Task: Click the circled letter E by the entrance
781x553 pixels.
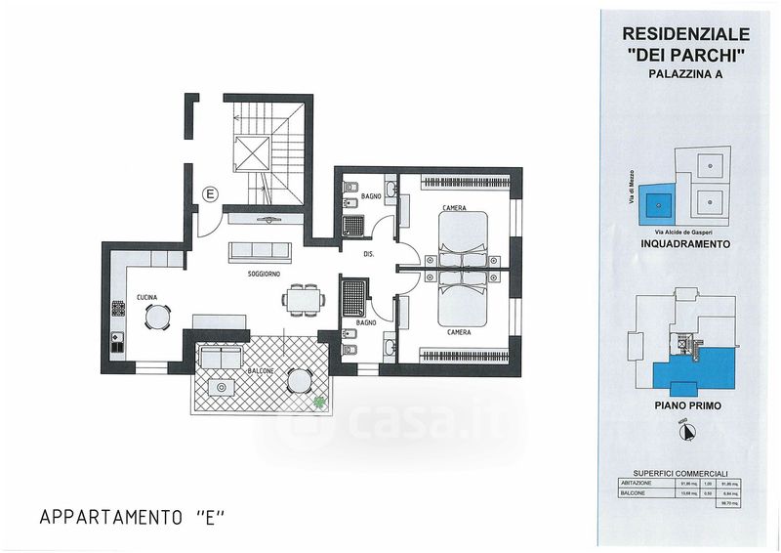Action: click(209, 193)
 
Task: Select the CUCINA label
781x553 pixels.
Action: click(147, 296)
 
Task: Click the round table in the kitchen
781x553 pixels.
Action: click(156, 317)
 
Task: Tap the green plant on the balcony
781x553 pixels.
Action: click(318, 399)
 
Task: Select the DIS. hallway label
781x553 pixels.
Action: click(369, 254)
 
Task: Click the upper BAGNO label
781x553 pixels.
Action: click(370, 196)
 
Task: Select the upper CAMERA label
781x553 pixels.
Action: click(453, 208)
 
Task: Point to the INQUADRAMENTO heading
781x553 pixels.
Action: click(684, 245)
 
